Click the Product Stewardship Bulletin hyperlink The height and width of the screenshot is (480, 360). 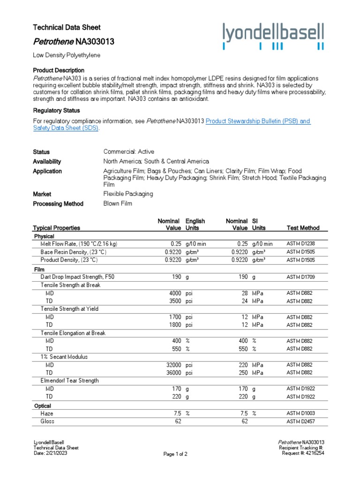(x=258, y=121)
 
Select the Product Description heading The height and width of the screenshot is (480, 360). (x=59, y=70)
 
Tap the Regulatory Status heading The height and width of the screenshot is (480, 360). (x=56, y=111)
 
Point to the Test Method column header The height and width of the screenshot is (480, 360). (x=303, y=228)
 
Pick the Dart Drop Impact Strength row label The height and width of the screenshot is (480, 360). (x=77, y=277)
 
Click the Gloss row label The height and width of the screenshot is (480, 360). (x=47, y=422)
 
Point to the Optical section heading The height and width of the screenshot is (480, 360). (x=43, y=406)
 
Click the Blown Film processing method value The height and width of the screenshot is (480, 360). (x=118, y=204)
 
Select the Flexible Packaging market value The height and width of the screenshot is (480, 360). (x=128, y=194)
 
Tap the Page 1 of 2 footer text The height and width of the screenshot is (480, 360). (x=175, y=454)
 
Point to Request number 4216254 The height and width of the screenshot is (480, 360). (x=306, y=453)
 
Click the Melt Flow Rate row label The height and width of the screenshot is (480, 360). (x=79, y=244)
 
